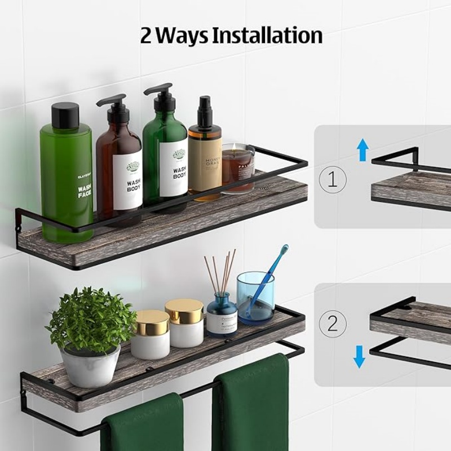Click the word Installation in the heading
pos(267,35)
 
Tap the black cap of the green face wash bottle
pos(65,115)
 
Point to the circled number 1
pos(333,179)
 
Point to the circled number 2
pos(333,324)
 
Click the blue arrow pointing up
pos(362,150)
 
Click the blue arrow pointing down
pos(359,356)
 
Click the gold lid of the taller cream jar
pos(184,311)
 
